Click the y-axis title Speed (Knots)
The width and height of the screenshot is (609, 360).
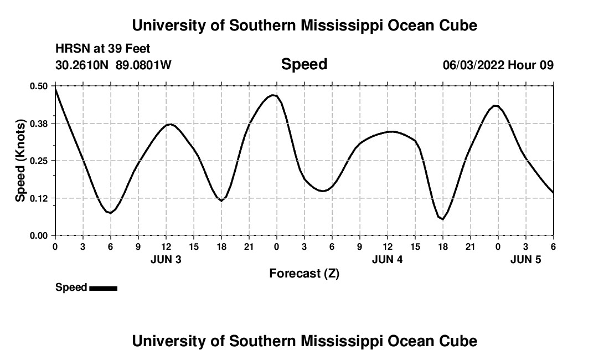pyautogui.click(x=20, y=161)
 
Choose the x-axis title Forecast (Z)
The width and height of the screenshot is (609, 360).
pyautogui.click(x=304, y=273)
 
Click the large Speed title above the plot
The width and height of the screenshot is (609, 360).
pyautogui.click(x=304, y=64)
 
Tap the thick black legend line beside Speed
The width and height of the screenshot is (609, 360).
pyautogui.click(x=103, y=288)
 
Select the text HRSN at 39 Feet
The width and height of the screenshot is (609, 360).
pyautogui.click(x=103, y=49)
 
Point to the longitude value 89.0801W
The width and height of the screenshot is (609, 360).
pyautogui.click(x=143, y=65)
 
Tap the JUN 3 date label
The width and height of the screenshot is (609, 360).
pyautogui.click(x=166, y=259)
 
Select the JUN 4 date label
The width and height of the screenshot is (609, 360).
pyautogui.click(x=388, y=259)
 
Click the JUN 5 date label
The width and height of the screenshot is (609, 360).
pyautogui.click(x=525, y=259)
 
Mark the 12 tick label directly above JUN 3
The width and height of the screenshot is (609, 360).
pyautogui.click(x=166, y=246)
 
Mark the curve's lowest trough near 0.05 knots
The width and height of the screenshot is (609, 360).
pyautogui.click(x=442, y=219)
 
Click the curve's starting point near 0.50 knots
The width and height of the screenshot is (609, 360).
pyautogui.click(x=55, y=88)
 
